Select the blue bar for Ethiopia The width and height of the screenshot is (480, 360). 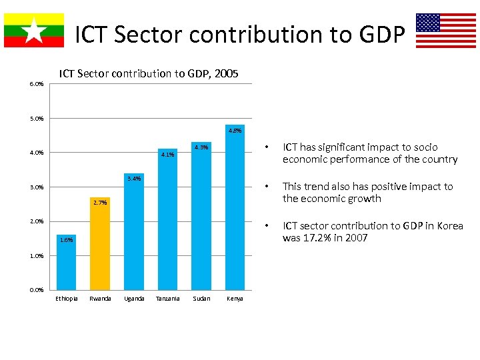pos(66,267)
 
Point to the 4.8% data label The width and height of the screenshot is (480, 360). pos(235,131)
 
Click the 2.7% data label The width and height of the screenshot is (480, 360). pos(100,202)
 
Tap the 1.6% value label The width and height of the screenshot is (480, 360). pos(66,239)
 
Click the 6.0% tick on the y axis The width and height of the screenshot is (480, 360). pos(37,84)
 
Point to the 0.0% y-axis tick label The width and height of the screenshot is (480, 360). pos(37,290)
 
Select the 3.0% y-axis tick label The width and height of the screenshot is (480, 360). pos(37,187)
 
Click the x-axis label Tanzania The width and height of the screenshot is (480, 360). pos(167,299)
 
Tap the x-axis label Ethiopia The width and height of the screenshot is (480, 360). pos(66,299)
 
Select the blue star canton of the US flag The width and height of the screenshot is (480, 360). pos(428,23)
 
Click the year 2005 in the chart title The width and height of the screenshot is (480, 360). pos(225,73)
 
